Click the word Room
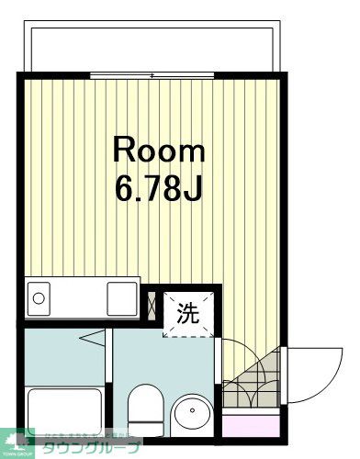coord(159,150)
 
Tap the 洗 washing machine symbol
coord(186,313)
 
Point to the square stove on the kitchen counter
coord(122,297)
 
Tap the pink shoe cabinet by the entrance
coord(251,425)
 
